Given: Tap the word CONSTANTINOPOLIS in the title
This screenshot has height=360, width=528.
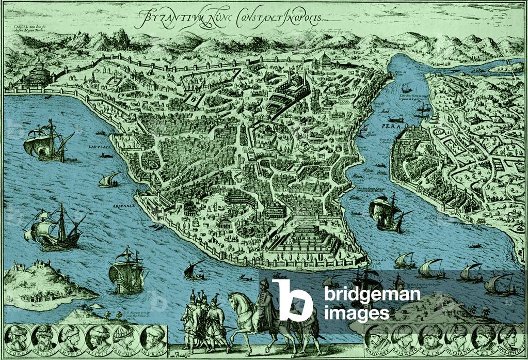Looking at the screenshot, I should [279, 20].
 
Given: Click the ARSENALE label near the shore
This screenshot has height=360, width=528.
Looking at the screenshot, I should [124, 205].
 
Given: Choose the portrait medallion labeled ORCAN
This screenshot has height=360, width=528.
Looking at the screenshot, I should [43, 338].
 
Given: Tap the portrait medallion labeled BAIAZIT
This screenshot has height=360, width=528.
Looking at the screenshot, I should [98, 338].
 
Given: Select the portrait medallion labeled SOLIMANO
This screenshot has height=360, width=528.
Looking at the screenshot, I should [456, 339].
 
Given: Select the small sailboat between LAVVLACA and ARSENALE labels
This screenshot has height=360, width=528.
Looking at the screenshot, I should [109, 180].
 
